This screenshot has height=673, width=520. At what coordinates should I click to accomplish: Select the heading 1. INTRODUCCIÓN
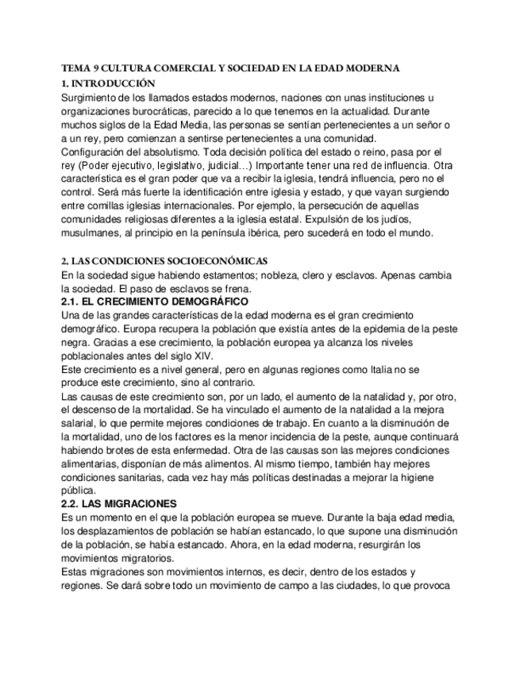tap(107, 83)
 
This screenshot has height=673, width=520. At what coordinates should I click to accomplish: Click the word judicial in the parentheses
tap(223, 165)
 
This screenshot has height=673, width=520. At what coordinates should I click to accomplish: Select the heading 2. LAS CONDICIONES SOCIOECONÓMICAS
tap(165, 261)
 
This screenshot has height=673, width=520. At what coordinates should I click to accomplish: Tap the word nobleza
tap(261, 275)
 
